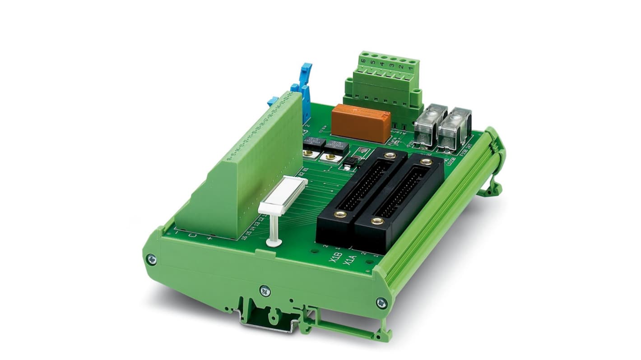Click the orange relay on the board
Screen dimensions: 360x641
point(361,122)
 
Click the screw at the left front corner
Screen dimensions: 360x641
point(151,259)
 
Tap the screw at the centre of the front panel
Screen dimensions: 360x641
point(265,291)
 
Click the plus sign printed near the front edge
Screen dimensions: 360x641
point(209,238)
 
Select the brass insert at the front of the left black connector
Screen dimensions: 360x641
point(341,214)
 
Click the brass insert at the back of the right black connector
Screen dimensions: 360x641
point(425,161)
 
